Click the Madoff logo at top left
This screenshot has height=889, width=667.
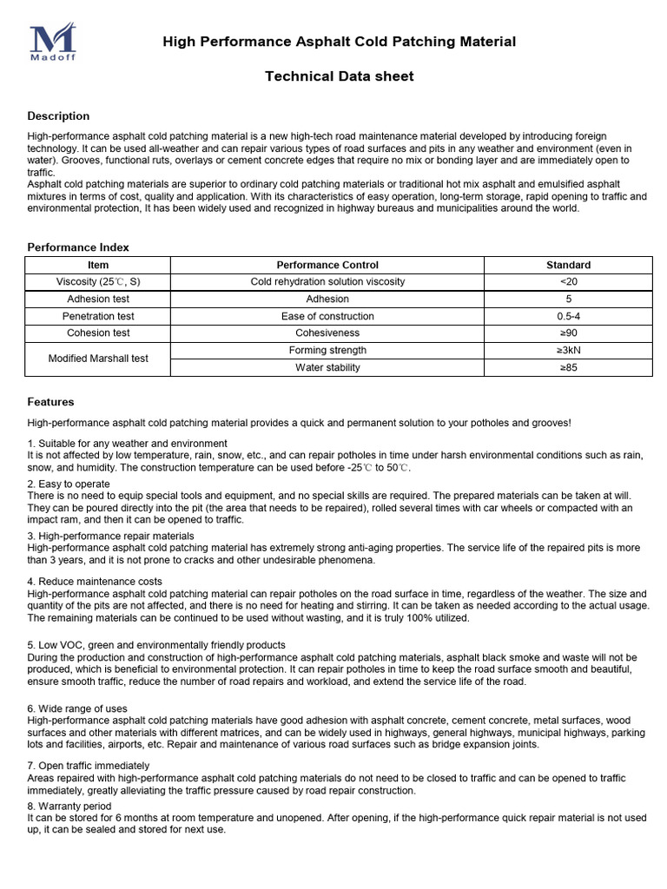[53, 43]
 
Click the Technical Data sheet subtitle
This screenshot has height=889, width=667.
[339, 76]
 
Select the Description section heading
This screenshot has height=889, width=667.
[58, 116]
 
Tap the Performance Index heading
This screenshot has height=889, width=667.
[78, 247]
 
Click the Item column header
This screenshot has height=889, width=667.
[98, 265]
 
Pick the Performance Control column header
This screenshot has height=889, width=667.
[327, 265]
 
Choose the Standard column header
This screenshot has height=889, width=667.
[568, 265]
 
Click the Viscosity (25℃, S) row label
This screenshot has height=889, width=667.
[98, 281]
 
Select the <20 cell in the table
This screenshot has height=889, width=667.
[568, 281]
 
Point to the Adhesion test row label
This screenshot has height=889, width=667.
[98, 299]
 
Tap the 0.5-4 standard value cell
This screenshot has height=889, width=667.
[568, 316]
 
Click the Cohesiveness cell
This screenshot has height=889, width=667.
[327, 333]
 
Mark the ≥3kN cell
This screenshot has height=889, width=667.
[568, 350]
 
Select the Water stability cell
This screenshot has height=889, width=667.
[327, 367]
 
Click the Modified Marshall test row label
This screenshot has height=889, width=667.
[98, 359]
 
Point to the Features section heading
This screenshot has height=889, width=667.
[51, 402]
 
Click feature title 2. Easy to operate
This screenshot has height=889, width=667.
[69, 484]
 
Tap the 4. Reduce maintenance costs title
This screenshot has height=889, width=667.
[95, 581]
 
